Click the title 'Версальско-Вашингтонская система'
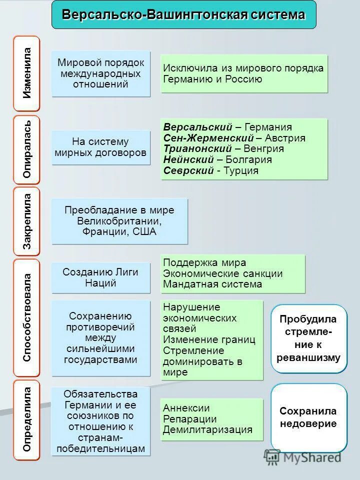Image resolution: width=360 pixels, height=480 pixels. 183,14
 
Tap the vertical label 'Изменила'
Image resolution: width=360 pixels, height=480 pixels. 27,73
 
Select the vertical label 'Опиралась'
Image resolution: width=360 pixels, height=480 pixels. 27,149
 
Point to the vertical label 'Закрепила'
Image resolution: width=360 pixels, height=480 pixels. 27,221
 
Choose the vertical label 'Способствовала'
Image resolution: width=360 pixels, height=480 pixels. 27,317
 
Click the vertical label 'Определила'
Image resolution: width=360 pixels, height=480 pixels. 27,419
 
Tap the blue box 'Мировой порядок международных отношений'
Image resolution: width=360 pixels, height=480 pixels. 101,73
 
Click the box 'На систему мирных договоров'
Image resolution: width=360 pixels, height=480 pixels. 101,147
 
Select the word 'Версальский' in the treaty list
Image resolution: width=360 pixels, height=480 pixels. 198,127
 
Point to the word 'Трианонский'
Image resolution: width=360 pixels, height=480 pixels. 198,149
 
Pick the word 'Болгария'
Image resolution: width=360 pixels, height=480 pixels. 248,160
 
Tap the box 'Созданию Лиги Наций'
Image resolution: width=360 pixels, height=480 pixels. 100,277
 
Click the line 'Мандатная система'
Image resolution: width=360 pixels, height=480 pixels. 212,284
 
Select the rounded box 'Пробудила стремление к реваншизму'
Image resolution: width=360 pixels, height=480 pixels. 308,338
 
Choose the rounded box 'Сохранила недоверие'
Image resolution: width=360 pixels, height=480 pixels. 308,417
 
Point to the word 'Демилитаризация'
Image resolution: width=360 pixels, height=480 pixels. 207,430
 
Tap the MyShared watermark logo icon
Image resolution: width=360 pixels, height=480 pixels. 272,456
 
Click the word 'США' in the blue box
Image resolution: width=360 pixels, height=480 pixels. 145,232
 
